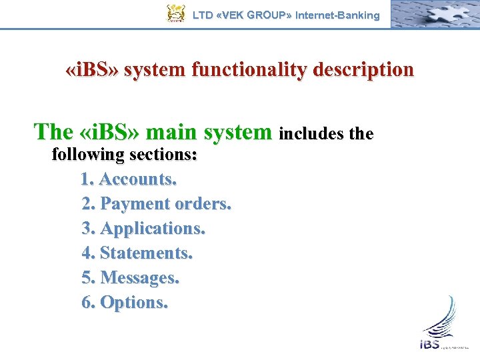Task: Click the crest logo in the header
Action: click(175, 14)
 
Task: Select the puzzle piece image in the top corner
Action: click(434, 14)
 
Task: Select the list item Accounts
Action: click(137, 179)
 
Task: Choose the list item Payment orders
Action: click(165, 204)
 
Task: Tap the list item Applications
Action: click(152, 229)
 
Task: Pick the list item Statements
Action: click(146, 253)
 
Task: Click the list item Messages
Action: click(139, 278)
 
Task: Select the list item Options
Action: click(133, 303)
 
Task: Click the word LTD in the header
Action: click(203, 15)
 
